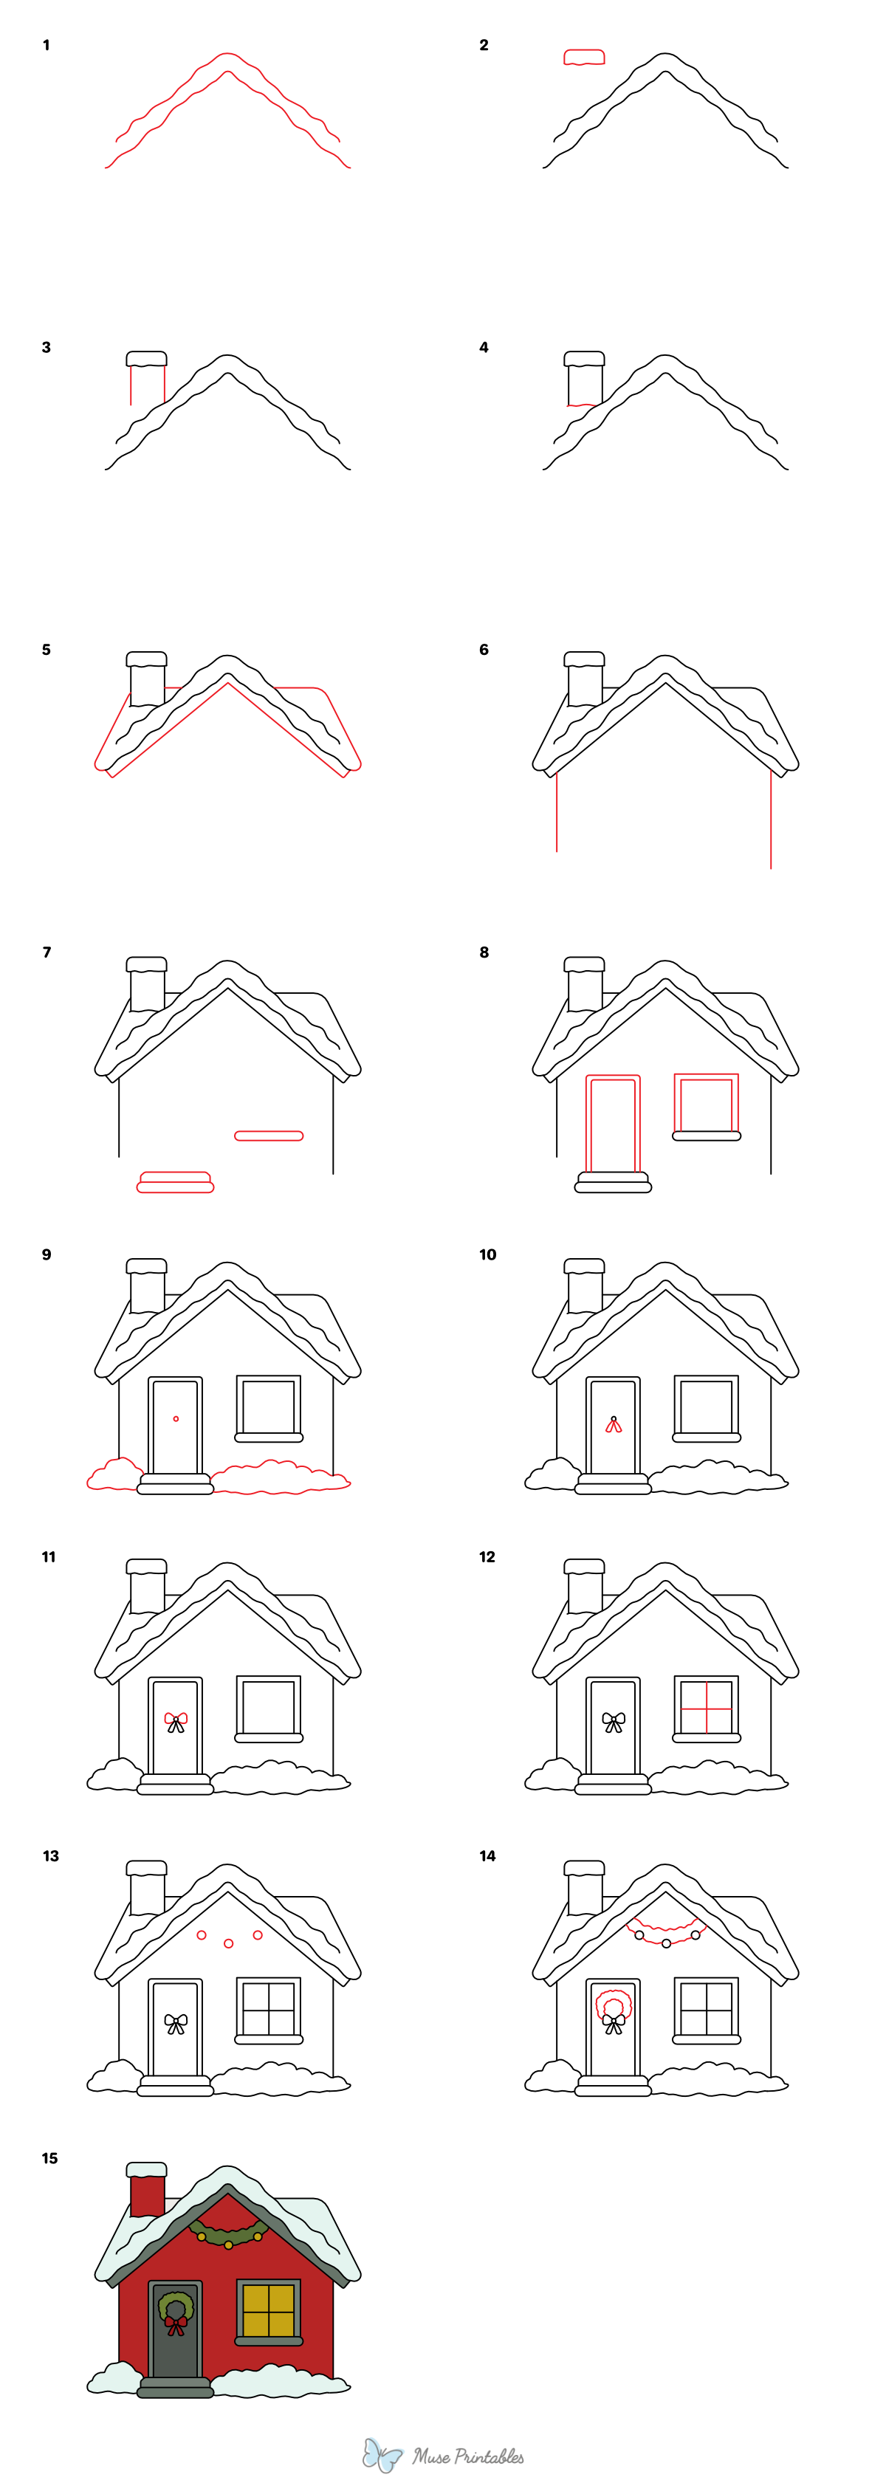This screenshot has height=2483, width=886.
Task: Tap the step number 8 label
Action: [483, 952]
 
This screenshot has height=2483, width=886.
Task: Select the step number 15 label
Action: [49, 2158]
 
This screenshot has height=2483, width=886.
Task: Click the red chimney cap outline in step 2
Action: [583, 58]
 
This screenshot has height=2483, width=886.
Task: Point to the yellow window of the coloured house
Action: [268, 2309]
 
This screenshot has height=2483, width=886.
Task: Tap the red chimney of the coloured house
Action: [146, 2194]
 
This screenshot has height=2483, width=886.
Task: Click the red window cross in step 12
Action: [707, 1707]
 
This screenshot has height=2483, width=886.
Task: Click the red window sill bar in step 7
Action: [269, 1136]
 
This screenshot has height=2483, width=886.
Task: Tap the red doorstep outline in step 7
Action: [176, 1183]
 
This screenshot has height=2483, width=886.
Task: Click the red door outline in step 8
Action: [613, 1123]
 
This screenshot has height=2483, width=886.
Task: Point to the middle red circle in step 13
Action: [228, 1943]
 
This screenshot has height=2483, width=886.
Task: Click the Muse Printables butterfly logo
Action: [382, 2454]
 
